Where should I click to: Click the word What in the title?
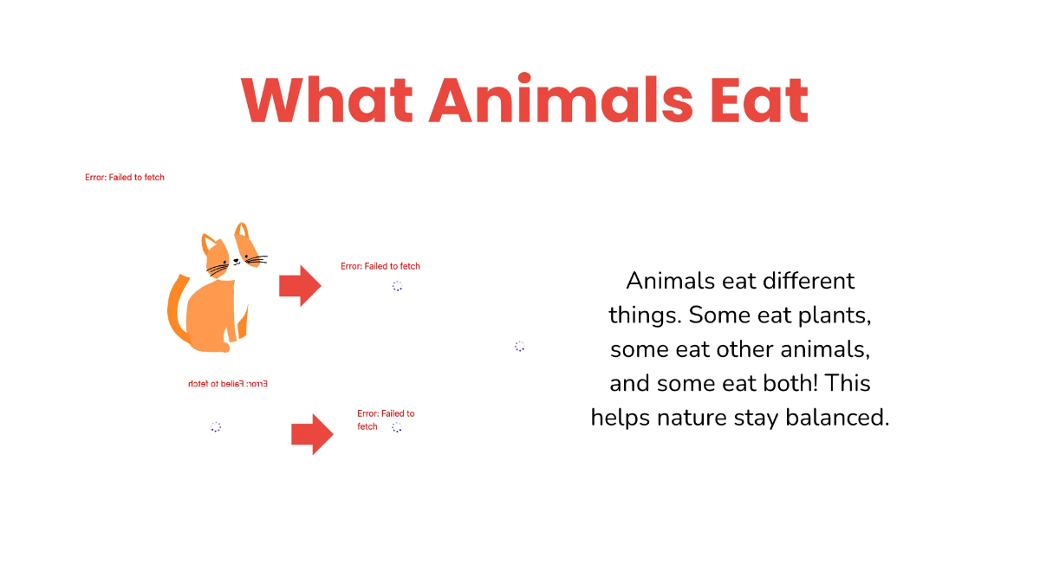click(326, 100)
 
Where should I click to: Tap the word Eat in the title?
click(758, 100)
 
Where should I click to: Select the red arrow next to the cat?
click(300, 285)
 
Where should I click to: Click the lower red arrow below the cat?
click(312, 433)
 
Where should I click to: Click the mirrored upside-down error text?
click(228, 383)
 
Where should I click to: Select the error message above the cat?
click(125, 178)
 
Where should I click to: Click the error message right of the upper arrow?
click(380, 266)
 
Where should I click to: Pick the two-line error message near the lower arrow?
click(385, 419)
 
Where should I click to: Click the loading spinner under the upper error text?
click(397, 286)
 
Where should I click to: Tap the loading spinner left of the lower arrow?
click(216, 426)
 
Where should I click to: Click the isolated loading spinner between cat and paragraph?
click(519, 346)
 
